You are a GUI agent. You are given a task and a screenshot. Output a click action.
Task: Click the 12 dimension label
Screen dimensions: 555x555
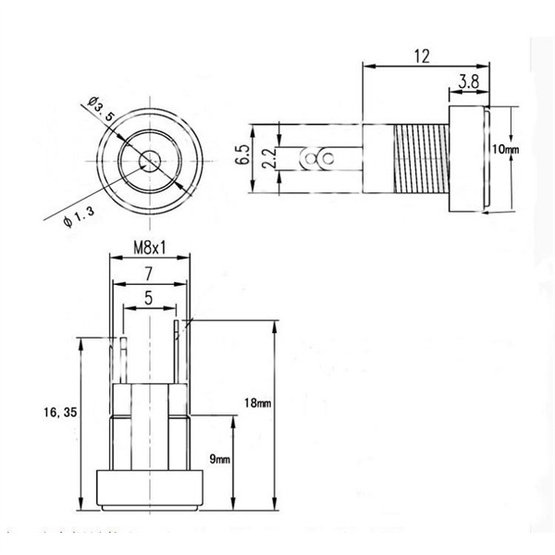[423, 56]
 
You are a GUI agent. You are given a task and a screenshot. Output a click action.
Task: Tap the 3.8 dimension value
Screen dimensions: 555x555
[469, 81]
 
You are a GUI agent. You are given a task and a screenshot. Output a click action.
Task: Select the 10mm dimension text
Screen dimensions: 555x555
[506, 149]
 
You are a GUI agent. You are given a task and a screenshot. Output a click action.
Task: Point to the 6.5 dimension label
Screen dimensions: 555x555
[242, 154]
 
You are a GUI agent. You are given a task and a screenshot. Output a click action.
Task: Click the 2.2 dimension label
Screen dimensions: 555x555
[270, 158]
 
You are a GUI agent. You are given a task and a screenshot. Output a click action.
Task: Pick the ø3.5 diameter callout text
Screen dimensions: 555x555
[101, 109]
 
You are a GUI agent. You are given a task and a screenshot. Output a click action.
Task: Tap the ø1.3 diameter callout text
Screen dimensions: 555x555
[79, 217]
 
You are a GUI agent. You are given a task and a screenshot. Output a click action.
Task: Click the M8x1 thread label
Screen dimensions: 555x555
[149, 248]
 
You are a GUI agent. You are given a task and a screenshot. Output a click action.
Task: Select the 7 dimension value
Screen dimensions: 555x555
[149, 274]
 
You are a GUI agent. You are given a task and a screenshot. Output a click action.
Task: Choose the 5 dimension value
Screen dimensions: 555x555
[149, 298]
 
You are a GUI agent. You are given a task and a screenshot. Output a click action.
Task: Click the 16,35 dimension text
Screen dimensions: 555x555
[60, 412]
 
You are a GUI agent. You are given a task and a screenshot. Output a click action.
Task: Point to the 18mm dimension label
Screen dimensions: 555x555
[258, 402]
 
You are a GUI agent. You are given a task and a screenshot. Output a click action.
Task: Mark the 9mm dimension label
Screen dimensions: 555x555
[220, 459]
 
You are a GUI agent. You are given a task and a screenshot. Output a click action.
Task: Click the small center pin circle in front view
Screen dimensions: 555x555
[150, 161]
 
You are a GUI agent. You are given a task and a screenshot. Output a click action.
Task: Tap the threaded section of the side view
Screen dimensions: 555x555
[421, 158]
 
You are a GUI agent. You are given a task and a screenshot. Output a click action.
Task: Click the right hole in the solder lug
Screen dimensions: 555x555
[327, 158]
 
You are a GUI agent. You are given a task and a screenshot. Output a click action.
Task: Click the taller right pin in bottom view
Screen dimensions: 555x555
[176, 351]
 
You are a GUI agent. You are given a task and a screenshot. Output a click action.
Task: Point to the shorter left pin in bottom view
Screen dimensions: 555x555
[123, 361]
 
